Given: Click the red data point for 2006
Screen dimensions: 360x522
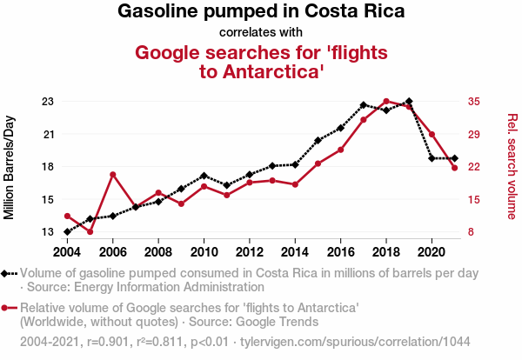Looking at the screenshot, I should (113, 175).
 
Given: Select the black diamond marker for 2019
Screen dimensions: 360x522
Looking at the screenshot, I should (409, 102).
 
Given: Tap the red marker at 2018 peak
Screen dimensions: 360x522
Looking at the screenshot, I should (386, 102).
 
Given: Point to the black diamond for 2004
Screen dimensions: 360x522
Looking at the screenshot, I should (68, 232).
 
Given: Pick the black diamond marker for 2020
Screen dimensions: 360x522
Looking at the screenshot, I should (432, 158).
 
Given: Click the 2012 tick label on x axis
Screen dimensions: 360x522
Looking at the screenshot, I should (249, 252).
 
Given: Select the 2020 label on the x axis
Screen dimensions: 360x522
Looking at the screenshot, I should (430, 252).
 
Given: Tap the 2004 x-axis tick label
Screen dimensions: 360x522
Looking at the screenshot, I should (68, 252).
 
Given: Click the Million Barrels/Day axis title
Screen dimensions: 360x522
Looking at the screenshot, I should (10, 166).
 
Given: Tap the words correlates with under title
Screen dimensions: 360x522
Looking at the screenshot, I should (260, 32).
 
